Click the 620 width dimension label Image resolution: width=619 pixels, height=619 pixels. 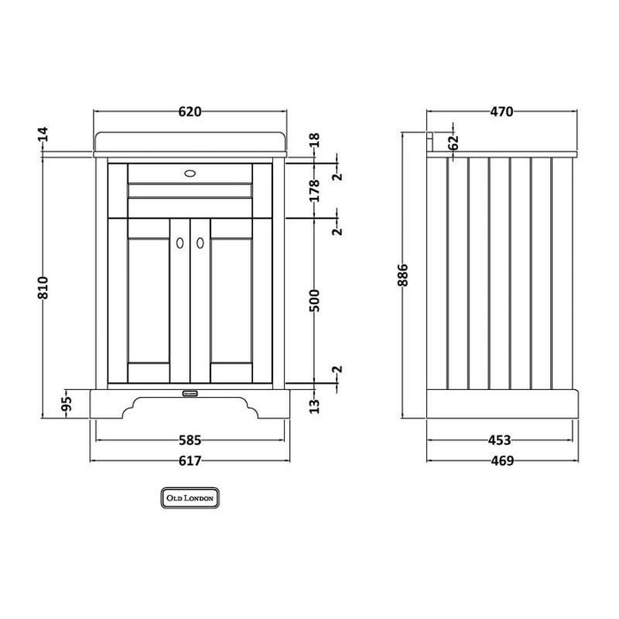pyautogui.click(x=190, y=111)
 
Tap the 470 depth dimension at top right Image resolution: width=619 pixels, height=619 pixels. pyautogui.click(x=501, y=111)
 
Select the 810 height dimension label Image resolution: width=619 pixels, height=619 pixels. pyautogui.click(x=43, y=287)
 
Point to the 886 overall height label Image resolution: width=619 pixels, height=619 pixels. pyautogui.click(x=403, y=275)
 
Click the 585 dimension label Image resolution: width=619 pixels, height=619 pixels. pyautogui.click(x=190, y=439)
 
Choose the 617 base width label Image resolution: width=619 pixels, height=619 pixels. pyautogui.click(x=190, y=461)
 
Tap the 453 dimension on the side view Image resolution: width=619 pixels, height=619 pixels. pyautogui.click(x=500, y=439)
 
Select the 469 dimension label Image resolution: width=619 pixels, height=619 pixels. pyautogui.click(x=502, y=461)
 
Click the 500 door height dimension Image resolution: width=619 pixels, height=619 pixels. pyautogui.click(x=314, y=301)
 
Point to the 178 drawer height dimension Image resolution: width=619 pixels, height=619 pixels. pyautogui.click(x=314, y=191)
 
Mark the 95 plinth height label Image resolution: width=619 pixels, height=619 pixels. pyautogui.click(x=67, y=403)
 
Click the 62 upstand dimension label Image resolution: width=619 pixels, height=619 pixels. pyautogui.click(x=454, y=142)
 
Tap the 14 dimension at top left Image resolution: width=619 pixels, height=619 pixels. pyautogui.click(x=43, y=134)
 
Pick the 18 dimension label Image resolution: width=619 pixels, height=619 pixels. pyautogui.click(x=314, y=140)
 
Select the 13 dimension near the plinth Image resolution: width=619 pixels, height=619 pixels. pyautogui.click(x=314, y=406)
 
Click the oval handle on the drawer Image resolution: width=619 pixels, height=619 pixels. pyautogui.click(x=190, y=173)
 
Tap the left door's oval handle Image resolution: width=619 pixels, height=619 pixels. pyautogui.click(x=180, y=243)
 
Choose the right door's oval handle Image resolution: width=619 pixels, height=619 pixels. pyautogui.click(x=200, y=243)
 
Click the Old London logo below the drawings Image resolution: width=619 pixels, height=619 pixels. pyautogui.click(x=190, y=498)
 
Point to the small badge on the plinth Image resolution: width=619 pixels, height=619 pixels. pyautogui.click(x=190, y=393)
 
